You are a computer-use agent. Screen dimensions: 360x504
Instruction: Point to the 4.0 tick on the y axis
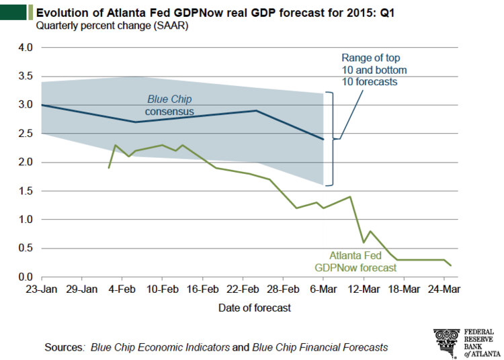pos(24,47)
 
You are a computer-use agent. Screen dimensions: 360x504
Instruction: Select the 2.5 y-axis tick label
pos(24,133)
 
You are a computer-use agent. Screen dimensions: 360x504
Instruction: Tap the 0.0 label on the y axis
pos(24,277)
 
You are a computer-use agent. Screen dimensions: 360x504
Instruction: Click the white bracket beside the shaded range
pos(330,138)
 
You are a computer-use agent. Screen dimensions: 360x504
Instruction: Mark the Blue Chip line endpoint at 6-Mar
pos(323,139)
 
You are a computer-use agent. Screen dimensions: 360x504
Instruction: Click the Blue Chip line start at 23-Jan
pos(42,105)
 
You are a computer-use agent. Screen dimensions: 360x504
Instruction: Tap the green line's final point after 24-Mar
pos(451,265)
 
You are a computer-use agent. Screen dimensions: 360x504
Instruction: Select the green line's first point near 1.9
pos(109,167)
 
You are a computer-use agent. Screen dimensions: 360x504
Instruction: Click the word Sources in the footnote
pos(63,347)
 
